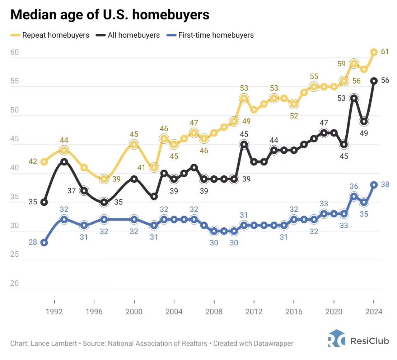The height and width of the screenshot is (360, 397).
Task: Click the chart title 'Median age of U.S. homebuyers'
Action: [110, 15]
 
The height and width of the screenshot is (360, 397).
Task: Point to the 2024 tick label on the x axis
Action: [374, 312]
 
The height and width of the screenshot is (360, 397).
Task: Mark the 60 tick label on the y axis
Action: [14, 52]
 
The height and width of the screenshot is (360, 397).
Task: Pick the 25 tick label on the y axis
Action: [14, 255]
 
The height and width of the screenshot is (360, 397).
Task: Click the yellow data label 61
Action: [385, 52]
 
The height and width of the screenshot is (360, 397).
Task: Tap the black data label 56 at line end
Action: [385, 80]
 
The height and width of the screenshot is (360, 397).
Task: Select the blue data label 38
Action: [385, 184]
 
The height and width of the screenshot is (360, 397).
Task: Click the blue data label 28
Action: [33, 243]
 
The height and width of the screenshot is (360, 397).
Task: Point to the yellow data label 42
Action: [33, 162]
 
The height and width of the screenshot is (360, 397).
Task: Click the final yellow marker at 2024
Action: [374, 52]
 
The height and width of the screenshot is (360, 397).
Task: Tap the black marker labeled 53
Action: [354, 98]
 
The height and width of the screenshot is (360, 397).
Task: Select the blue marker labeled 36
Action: [354, 196]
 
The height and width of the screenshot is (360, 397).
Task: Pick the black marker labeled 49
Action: [364, 122]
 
